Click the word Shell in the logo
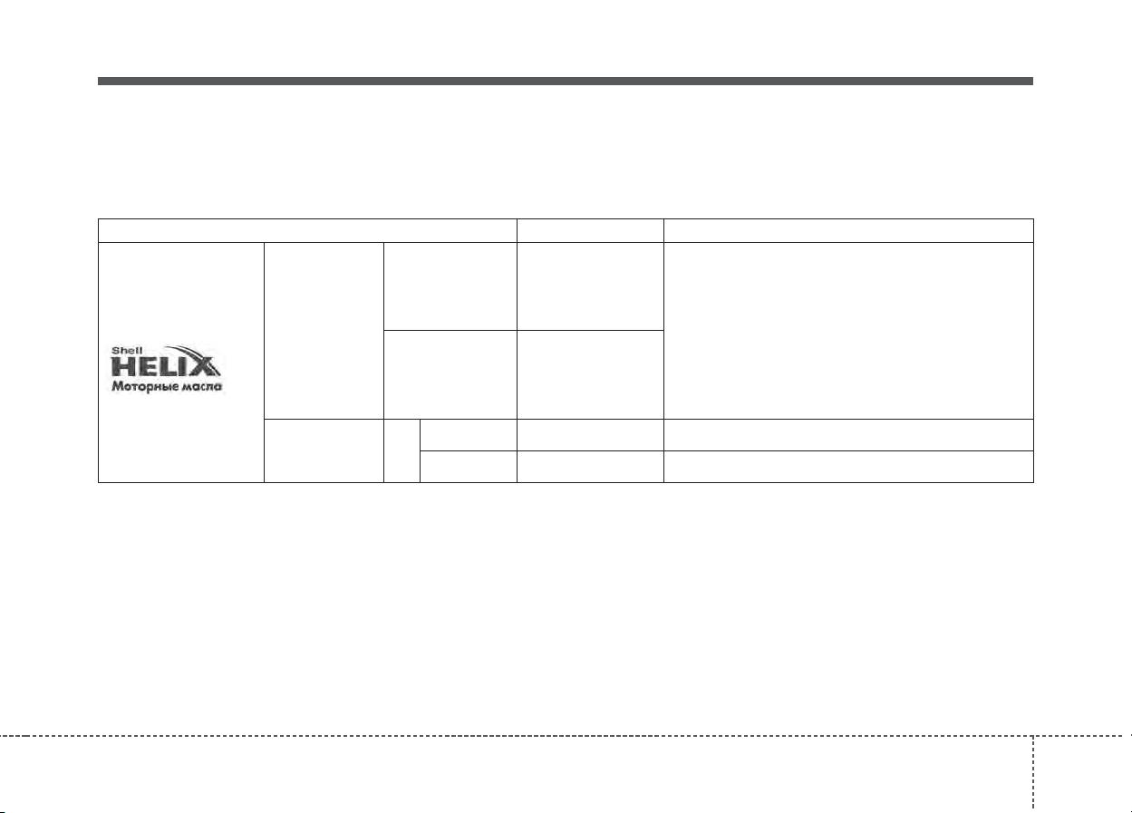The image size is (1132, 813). (127, 351)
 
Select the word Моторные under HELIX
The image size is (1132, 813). (144, 387)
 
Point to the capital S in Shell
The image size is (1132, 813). (115, 351)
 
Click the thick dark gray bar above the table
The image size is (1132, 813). (566, 82)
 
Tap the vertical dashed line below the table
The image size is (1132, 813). (1033, 774)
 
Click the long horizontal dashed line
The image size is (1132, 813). (566, 736)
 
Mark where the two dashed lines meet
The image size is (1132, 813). (1033, 736)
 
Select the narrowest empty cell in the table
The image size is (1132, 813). (402, 450)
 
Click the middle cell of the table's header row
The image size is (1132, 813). (590, 230)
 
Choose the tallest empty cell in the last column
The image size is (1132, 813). (848, 331)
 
